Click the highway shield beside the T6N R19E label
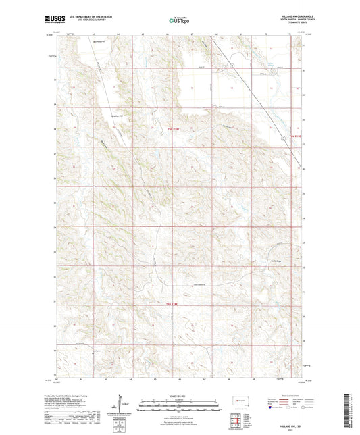[x=282, y=137]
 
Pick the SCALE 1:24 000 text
[x=180, y=396]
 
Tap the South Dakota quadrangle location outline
[x=238, y=400]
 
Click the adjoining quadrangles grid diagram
[x=237, y=419]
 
